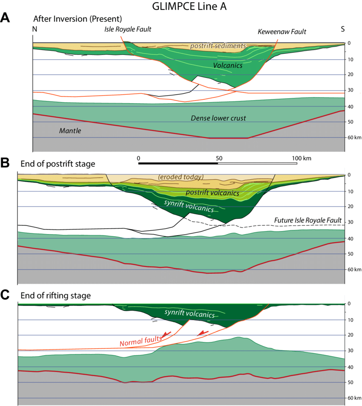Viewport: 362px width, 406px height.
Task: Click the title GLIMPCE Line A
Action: (x=181, y=7)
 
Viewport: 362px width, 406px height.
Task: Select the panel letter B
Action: (x=6, y=162)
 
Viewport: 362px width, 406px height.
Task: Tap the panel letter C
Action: (x=6, y=295)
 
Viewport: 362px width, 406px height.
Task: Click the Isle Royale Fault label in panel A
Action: (x=128, y=29)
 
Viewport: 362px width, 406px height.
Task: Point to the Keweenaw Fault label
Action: (x=282, y=32)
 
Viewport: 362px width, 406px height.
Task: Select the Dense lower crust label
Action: (x=218, y=118)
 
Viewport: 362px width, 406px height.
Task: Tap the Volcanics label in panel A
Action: (x=228, y=66)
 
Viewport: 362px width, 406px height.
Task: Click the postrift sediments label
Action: (x=218, y=46)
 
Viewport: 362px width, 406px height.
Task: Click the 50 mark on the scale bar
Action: (x=218, y=158)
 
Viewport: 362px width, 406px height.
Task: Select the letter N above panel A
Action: (x=34, y=29)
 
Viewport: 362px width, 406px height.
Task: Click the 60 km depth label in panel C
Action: (x=352, y=398)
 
